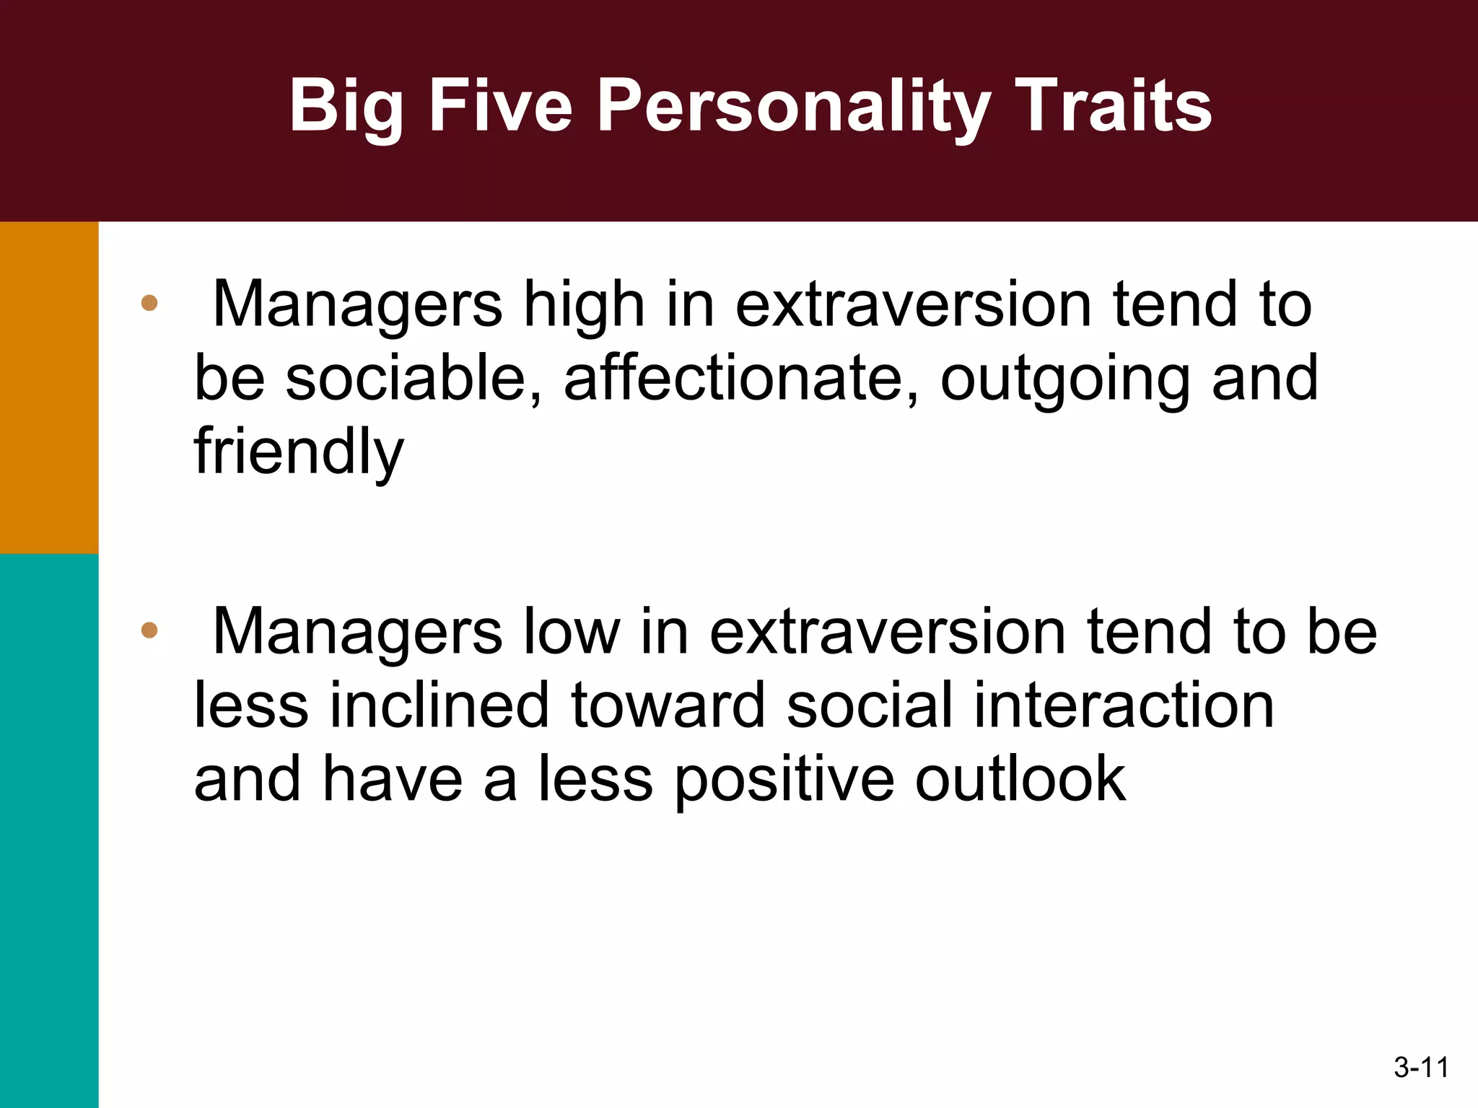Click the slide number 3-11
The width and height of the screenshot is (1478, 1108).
pos(1421,1067)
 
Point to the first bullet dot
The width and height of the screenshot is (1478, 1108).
pos(149,303)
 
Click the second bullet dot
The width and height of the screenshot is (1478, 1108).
pos(149,630)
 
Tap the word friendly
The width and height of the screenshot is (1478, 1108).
pos(299,453)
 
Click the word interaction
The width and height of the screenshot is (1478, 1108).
pos(1124,705)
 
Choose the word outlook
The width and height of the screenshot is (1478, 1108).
pos(1020,779)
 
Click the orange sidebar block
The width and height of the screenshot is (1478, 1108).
pos(49,387)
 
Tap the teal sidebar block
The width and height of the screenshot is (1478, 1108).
pos(49,830)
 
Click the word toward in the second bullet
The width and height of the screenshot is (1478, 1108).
pos(668,705)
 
